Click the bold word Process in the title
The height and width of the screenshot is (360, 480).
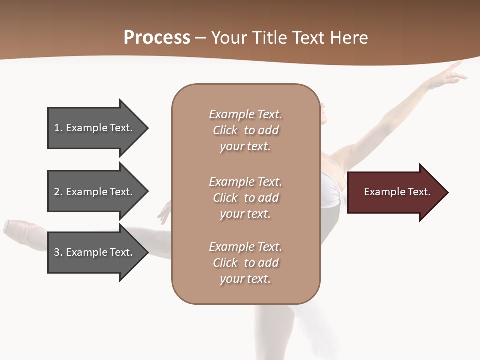[x=157, y=38]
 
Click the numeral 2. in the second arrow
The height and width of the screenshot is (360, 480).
[x=57, y=192]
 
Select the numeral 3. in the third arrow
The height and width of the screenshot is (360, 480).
[x=57, y=252]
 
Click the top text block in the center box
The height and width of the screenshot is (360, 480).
[x=245, y=130]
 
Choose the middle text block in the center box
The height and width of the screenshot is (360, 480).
[x=245, y=198]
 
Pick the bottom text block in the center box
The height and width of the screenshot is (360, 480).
[x=245, y=263]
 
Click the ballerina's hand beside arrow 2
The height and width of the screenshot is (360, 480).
[x=164, y=213]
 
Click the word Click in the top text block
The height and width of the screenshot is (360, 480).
[x=225, y=130]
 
